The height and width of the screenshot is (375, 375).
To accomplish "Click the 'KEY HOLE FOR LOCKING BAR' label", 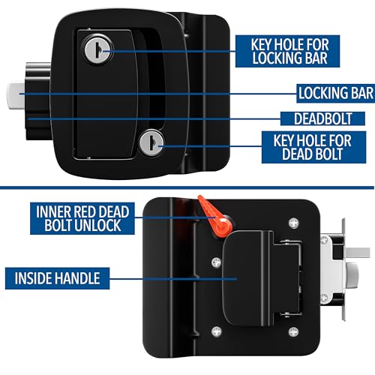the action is (287, 51).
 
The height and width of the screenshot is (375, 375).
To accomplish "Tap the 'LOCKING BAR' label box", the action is (336, 93).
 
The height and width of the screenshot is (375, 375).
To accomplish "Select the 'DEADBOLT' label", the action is (322, 118).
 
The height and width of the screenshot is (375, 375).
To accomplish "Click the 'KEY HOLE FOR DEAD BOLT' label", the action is (313, 147).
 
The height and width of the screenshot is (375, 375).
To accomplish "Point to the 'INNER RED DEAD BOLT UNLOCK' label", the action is (82, 218).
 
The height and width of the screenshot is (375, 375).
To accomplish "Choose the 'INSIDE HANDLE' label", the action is (58, 278).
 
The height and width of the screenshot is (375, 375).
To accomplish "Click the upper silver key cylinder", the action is (98, 49).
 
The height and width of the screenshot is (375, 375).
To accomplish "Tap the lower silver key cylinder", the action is (151, 142).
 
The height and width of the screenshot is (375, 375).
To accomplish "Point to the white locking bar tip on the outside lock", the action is (15, 96).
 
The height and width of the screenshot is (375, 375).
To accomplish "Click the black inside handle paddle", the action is (249, 279).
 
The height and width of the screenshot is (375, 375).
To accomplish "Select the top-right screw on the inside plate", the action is (294, 223).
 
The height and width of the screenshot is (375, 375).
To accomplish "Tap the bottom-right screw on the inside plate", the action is (293, 332).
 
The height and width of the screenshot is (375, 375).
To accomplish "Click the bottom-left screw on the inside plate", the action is (217, 331).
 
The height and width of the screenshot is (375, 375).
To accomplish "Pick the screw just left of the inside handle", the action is (217, 262).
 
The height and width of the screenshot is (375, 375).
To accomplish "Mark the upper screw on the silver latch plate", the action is (324, 240).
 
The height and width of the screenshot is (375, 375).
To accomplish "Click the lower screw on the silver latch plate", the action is (324, 298).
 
